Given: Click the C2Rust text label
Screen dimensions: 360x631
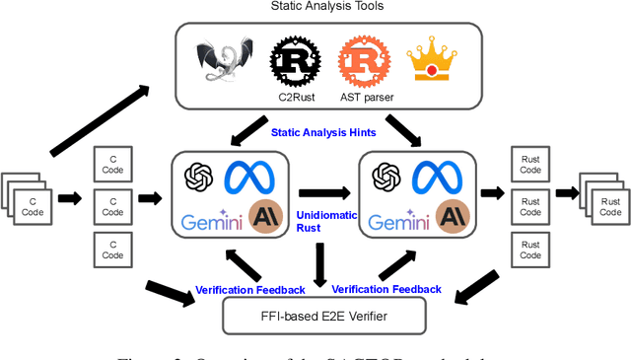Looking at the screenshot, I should click(x=292, y=101).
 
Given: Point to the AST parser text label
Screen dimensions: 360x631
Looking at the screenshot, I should click(x=360, y=101).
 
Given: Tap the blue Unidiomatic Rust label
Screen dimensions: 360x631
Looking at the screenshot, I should click(x=315, y=218).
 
